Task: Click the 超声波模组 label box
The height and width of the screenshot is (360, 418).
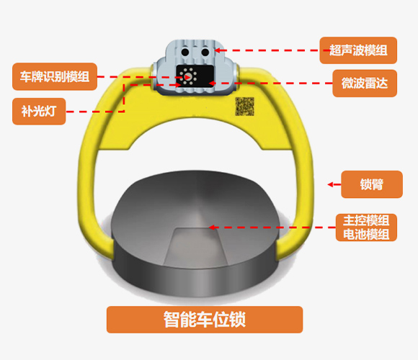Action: pos(358,50)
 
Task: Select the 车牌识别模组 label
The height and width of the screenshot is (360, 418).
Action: pos(55,77)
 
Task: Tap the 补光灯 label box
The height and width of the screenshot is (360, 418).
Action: pos(39,112)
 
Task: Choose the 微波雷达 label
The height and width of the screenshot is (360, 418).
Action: pos(365,84)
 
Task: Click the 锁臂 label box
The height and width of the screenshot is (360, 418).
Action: pos(372,184)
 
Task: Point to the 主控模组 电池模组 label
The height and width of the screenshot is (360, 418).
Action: pos(366,228)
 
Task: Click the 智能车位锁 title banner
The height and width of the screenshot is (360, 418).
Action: pos(205,320)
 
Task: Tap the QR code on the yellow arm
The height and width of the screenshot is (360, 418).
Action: pos(244,107)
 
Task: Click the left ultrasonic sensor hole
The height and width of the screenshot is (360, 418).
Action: pos(185,52)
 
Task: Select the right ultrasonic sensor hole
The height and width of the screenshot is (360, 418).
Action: pos(205,52)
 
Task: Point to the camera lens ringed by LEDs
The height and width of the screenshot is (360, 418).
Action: pos(187,77)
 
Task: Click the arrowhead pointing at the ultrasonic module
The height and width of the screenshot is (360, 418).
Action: pos(218,50)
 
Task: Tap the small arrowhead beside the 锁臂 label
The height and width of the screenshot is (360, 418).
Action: pos(330,184)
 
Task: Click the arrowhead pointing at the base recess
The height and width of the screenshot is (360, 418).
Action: pos(212,228)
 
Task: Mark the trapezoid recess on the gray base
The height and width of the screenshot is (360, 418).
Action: pos(196,248)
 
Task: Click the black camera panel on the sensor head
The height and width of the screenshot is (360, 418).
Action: pos(195,76)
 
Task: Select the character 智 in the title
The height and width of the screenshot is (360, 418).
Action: pos(171,320)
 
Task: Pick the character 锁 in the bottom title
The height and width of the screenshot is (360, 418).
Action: pos(237,320)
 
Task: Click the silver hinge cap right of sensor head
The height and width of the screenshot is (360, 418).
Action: pos(235,73)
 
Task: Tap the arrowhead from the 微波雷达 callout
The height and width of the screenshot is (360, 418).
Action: pos(211,84)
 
